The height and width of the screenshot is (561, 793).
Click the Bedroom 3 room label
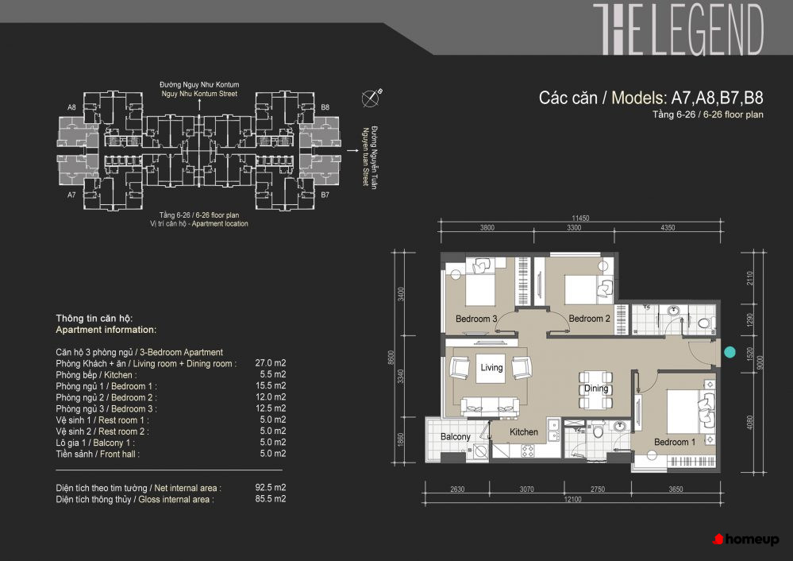(476, 319)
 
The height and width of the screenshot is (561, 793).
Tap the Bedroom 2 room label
(589, 319)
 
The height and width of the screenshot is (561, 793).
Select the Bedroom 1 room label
(675, 442)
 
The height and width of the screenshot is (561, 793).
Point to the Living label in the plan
(491, 368)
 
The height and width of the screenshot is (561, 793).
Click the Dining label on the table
(596, 389)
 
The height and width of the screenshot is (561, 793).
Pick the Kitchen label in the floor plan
(523, 432)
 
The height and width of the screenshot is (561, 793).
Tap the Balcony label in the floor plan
(455, 436)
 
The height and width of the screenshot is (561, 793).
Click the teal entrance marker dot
(729, 352)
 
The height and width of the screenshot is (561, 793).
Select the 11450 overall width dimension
(580, 219)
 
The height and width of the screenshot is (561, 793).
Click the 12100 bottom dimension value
(572, 499)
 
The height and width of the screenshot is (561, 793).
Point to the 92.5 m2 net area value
(271, 488)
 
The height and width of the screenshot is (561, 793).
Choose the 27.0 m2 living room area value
(271, 363)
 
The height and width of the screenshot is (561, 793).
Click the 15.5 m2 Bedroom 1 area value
(271, 386)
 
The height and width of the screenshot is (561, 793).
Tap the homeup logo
(745, 540)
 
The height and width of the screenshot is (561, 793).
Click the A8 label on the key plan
(71, 107)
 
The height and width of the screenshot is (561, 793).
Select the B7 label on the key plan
(325, 195)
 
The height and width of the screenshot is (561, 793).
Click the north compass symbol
(371, 98)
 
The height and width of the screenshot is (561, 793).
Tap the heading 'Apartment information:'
(106, 330)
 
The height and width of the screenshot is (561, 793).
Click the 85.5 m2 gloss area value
(271, 499)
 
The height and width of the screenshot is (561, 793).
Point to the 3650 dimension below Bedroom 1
(676, 489)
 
